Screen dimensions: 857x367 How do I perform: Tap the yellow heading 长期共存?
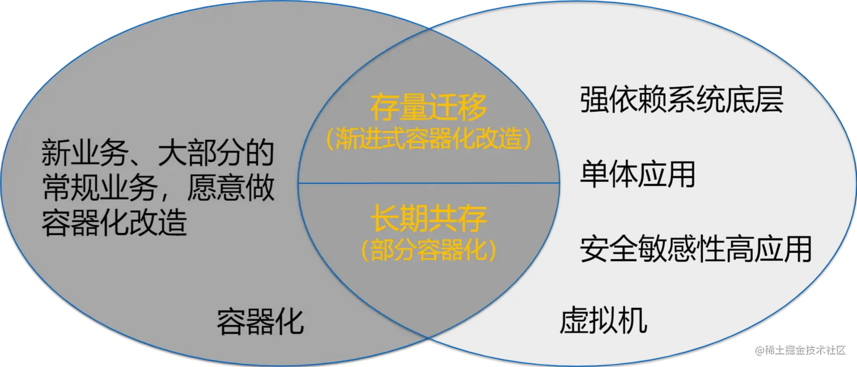(x=428, y=218)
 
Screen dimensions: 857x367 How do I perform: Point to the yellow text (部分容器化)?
(x=428, y=250)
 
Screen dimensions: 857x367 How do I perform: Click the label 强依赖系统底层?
(x=681, y=101)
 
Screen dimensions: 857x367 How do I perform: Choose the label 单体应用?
(x=637, y=174)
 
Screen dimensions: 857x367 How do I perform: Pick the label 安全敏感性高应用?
(x=695, y=249)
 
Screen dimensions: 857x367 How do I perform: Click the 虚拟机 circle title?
(x=603, y=321)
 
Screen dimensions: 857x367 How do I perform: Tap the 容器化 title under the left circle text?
(x=260, y=322)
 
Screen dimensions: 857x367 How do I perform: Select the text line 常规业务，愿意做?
(x=158, y=189)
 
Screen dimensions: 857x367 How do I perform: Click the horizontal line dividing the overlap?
(x=428, y=183)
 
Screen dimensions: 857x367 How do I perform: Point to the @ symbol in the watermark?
(x=758, y=349)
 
